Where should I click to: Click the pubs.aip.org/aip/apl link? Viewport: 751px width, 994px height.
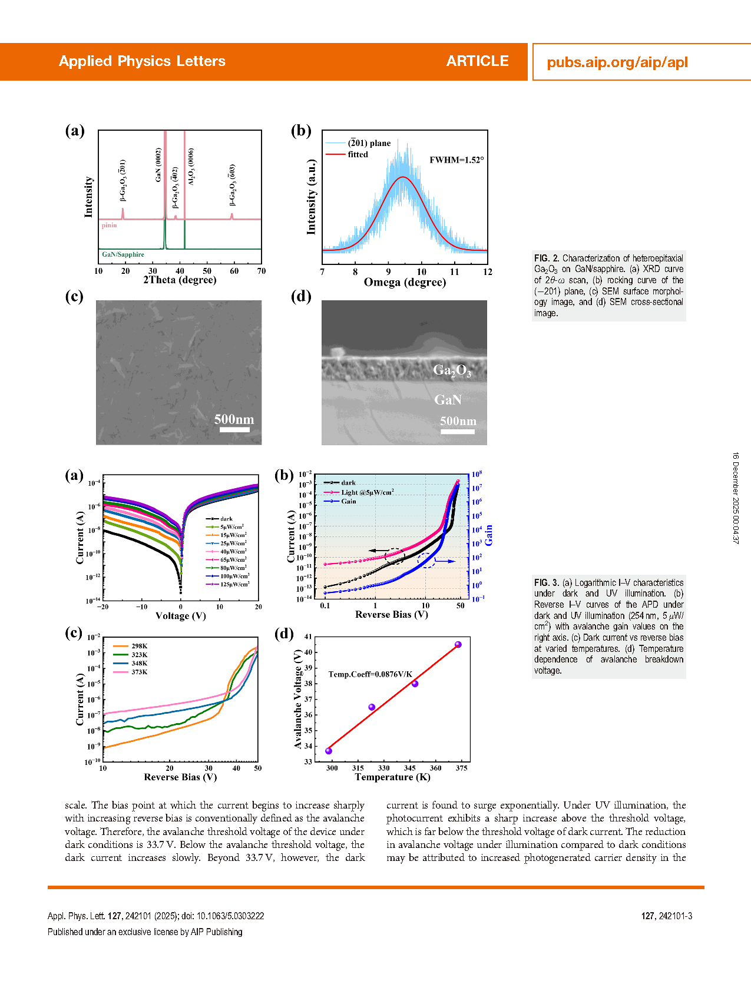[617, 62]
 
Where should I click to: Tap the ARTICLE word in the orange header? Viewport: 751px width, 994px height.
[477, 61]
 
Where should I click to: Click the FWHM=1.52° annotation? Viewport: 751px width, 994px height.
[456, 160]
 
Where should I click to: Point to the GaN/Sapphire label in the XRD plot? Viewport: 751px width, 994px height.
[123, 254]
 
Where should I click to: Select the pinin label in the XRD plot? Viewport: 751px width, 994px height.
[109, 226]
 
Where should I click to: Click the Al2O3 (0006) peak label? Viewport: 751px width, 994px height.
[191, 167]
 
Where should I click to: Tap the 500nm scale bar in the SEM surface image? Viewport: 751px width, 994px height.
[234, 429]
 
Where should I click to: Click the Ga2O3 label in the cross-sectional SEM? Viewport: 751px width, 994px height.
[452, 370]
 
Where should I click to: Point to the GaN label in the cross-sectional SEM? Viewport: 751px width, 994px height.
[448, 400]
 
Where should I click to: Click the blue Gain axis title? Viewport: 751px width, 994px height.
[489, 535]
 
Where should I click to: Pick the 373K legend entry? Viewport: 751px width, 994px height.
[139, 672]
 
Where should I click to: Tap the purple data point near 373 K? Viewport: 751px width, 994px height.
[458, 645]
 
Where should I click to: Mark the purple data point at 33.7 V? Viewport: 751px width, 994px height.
[329, 751]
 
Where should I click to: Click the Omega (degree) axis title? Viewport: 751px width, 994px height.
[405, 282]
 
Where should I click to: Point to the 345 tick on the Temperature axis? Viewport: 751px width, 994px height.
[409, 768]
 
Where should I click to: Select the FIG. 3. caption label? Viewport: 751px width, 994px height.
[547, 583]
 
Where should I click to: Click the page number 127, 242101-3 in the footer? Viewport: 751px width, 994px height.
[667, 916]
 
